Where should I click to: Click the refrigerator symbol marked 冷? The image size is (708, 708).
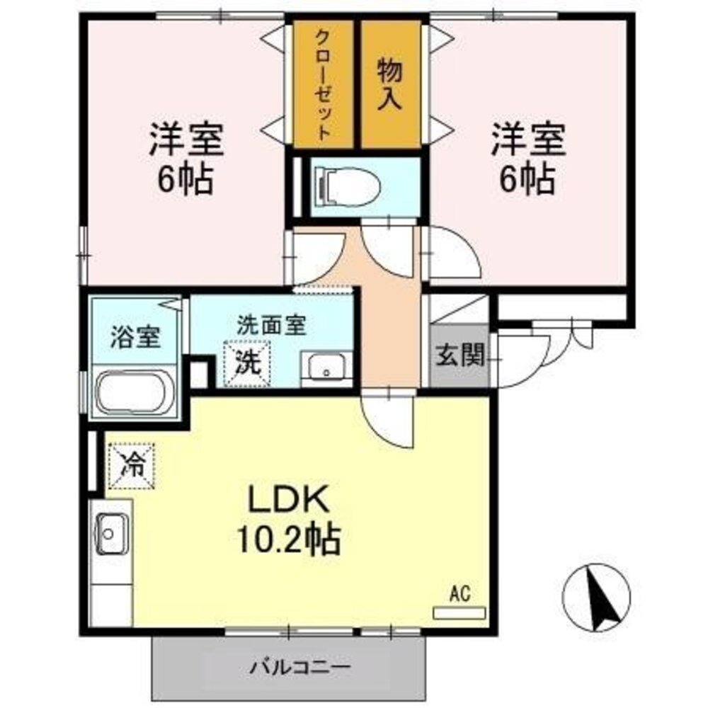point(130,466)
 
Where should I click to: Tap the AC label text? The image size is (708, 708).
point(459,593)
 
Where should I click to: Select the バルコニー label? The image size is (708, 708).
point(290,667)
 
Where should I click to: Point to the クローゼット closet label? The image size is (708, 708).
point(323,84)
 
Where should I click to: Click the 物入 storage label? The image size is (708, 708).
point(390,84)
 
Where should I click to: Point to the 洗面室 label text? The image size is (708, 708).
point(271,326)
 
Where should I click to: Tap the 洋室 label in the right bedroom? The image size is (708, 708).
point(529,139)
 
